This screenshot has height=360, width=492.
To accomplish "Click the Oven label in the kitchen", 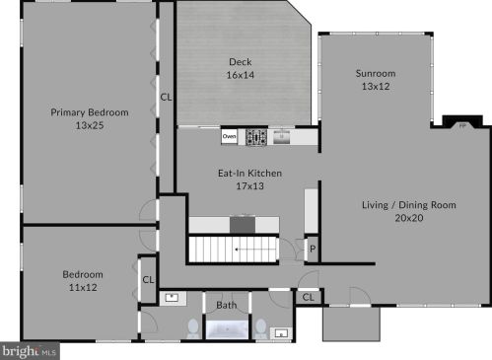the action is [x=229, y=136].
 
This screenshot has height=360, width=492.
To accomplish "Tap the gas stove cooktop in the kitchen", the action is [x=256, y=137].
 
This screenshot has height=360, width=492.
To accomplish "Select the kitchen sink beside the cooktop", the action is [x=281, y=137].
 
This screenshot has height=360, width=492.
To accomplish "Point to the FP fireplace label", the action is [x=462, y=126].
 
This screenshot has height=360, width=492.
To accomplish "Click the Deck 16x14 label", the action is [x=241, y=68].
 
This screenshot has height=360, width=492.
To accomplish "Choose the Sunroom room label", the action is [x=376, y=73].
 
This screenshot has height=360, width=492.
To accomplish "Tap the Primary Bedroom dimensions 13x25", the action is [x=90, y=125].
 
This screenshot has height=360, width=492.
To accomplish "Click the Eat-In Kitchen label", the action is [x=249, y=174].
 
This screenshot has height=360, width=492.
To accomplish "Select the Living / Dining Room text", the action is [x=409, y=205].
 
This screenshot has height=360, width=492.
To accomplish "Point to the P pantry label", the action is [x=313, y=249].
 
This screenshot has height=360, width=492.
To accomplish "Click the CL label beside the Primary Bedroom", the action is [x=166, y=98].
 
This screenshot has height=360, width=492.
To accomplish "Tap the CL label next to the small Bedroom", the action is [x=148, y=280].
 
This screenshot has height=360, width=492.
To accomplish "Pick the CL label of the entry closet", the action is [x=308, y=298].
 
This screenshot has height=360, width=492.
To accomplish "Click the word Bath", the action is [x=227, y=305].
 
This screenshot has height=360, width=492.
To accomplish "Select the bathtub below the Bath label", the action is [x=227, y=329].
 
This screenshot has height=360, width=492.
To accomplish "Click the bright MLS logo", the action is [x=30, y=351].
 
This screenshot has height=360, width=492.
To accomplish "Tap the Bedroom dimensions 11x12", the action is [x=83, y=288].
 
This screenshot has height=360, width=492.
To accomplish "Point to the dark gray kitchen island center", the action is [x=243, y=225].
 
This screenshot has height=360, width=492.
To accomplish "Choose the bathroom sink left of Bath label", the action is [x=173, y=298].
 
